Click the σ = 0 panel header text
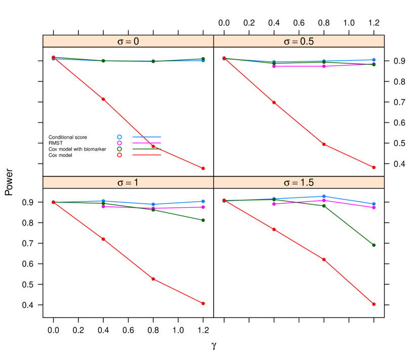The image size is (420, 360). coord(128,41)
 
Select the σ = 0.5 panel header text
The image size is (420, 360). coord(299,41)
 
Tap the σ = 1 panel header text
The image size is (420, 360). coord(128,183)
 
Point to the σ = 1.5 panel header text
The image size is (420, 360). coord(299,183)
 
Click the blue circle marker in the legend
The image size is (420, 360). coord(119,137)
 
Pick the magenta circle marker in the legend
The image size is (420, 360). coord(119,143)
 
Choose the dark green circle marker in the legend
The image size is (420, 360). coord(119,149)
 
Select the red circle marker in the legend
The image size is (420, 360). coord(119,155)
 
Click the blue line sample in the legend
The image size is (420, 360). coord(147,137)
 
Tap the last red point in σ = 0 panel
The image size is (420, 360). coord(203,168)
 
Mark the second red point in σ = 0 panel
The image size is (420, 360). coord(103,99)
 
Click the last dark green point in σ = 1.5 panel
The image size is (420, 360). coord(374,245)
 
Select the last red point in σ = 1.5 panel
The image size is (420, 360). coord(374,304)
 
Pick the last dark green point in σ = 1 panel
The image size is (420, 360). coord(203,220)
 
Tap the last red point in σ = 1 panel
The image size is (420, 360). coord(203,303)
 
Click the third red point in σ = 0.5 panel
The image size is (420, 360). coord(324,145)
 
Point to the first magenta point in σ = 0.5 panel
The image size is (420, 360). coord(274,66)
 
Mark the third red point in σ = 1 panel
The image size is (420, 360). coord(153,279)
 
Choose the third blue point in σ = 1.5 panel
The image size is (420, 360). coord(324,196)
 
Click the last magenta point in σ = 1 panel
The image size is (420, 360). coord(203,207)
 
